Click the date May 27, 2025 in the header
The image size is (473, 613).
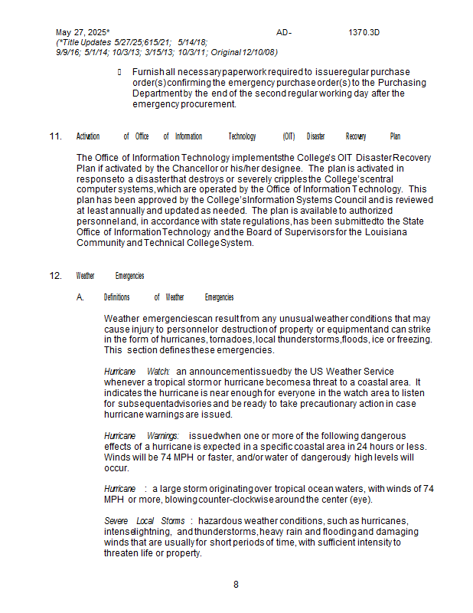[83, 32]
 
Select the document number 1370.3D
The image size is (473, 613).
[364, 32]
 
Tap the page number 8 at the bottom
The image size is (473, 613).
[236, 585]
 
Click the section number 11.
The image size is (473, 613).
[55, 136]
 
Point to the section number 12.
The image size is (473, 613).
[55, 276]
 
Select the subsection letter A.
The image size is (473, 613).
[80, 297]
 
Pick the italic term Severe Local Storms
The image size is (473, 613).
[144, 521]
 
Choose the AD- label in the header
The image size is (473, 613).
[284, 32]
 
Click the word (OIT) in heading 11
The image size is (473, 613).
[289, 136]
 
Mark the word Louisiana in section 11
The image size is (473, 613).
[384, 232]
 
